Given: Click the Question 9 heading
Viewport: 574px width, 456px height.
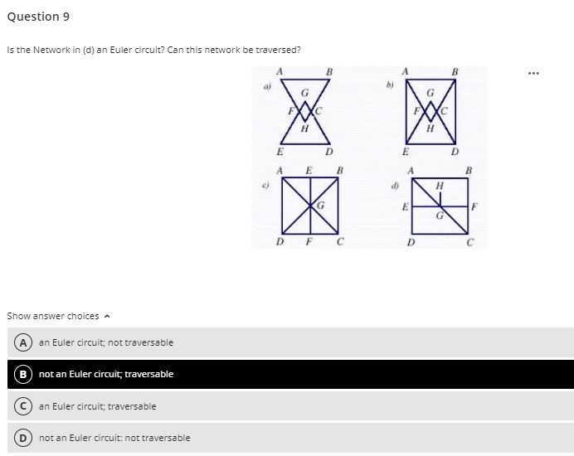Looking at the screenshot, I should [35, 17].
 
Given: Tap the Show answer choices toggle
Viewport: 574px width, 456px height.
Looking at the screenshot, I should [57, 316].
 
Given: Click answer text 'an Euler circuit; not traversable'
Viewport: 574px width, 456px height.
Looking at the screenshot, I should [106, 342].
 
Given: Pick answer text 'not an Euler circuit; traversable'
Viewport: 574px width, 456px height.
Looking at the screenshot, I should [106, 374].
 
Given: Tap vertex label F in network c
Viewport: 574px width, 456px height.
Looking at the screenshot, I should [308, 243].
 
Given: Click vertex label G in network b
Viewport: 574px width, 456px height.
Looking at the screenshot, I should [430, 92].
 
